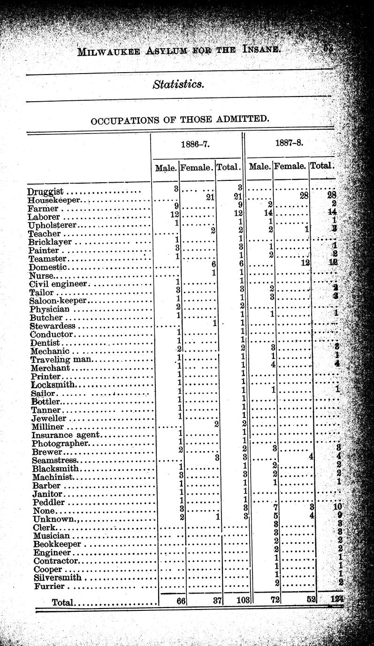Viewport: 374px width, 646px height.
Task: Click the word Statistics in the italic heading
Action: (178, 84)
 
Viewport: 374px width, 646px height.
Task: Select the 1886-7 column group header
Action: (195, 144)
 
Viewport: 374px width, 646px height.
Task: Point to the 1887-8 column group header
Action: (290, 142)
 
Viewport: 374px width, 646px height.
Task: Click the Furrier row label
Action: (49, 587)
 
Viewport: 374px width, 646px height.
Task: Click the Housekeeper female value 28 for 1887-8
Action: (304, 196)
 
